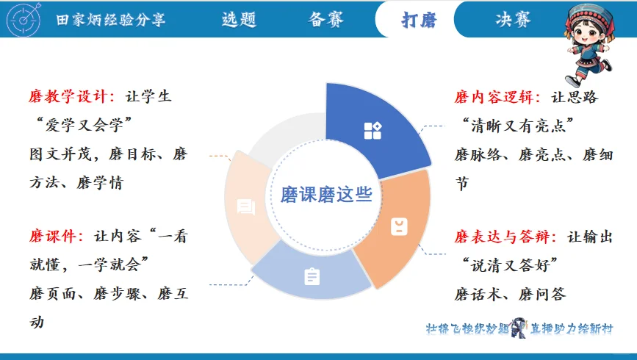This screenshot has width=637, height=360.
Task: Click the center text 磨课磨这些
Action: pyautogui.click(x=326, y=195)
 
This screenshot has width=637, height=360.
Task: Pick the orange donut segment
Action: pyautogui.click(x=393, y=228)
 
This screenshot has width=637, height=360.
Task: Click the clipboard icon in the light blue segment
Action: pyautogui.click(x=312, y=277)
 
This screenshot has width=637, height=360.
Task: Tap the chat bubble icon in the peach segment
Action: pyautogui.click(x=245, y=208)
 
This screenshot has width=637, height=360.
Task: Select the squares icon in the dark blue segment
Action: pyautogui.click(x=373, y=131)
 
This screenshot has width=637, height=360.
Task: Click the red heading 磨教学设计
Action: pyautogui.click(x=71, y=97)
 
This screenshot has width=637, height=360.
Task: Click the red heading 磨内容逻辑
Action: pyautogui.click(x=497, y=97)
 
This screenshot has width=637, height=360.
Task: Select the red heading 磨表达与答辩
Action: pyautogui.click(x=507, y=237)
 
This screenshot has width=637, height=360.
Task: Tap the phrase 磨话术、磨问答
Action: pyautogui.click(x=510, y=295)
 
